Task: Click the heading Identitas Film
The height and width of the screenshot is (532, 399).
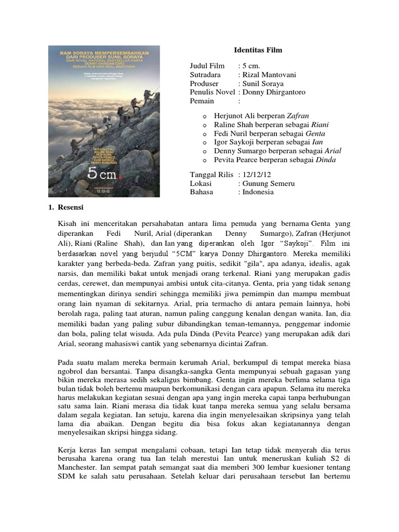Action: click(x=257, y=50)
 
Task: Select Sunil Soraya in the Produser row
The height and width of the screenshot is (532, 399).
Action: click(x=259, y=84)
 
